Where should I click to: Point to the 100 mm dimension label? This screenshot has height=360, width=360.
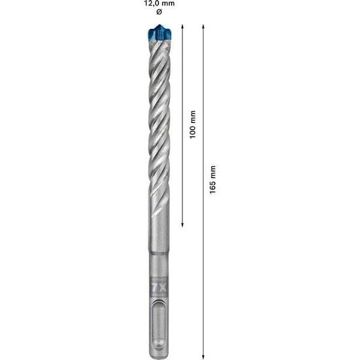[193, 125]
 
